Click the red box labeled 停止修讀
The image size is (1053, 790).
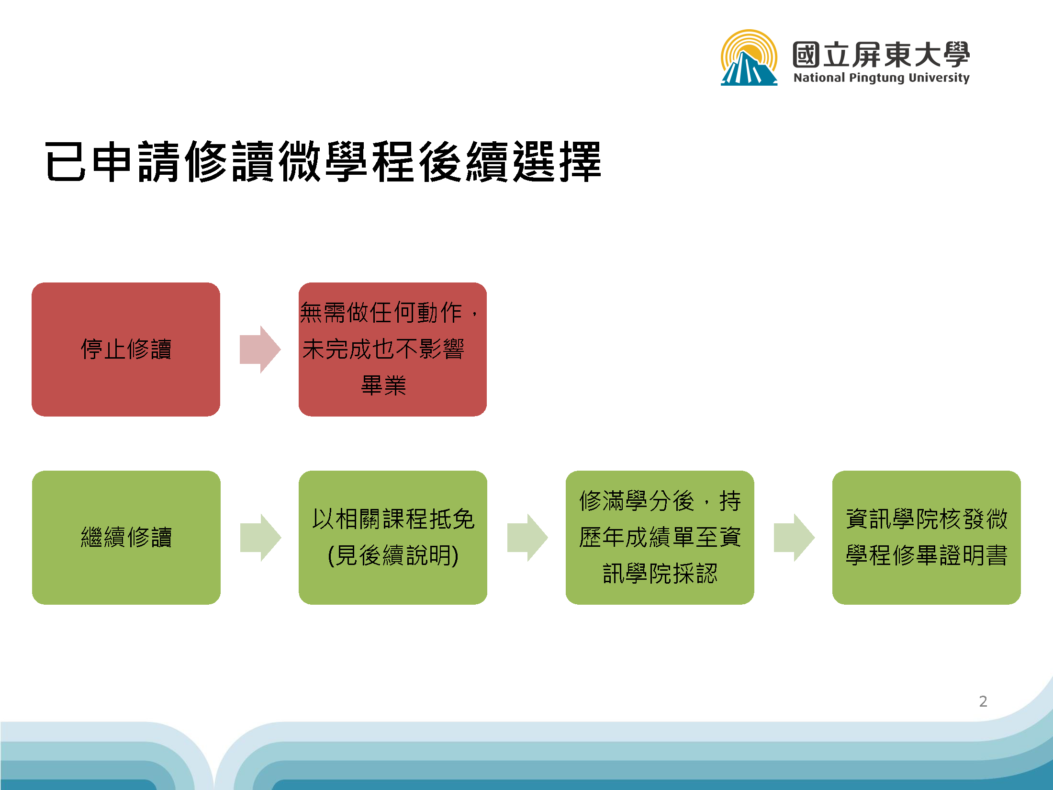point(126,349)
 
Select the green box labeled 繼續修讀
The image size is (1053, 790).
point(126,537)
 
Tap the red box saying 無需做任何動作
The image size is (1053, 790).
point(392,349)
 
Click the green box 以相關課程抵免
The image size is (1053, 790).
point(392,537)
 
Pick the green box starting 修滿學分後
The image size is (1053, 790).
point(660,537)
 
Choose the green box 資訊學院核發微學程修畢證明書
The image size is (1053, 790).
point(926,537)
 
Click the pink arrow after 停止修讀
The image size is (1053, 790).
point(260,350)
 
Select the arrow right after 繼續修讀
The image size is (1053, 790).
point(260,538)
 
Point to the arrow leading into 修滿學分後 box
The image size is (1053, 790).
point(527,538)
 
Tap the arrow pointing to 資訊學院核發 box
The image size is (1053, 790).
point(794,538)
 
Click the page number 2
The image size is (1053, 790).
point(983,701)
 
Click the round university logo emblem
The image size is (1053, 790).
point(749,58)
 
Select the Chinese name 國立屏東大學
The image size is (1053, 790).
point(881,55)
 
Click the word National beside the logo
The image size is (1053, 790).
point(819,78)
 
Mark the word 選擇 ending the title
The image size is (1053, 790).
point(557,162)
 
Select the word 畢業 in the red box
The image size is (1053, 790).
point(383,385)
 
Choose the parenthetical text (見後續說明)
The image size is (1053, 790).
point(393,555)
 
